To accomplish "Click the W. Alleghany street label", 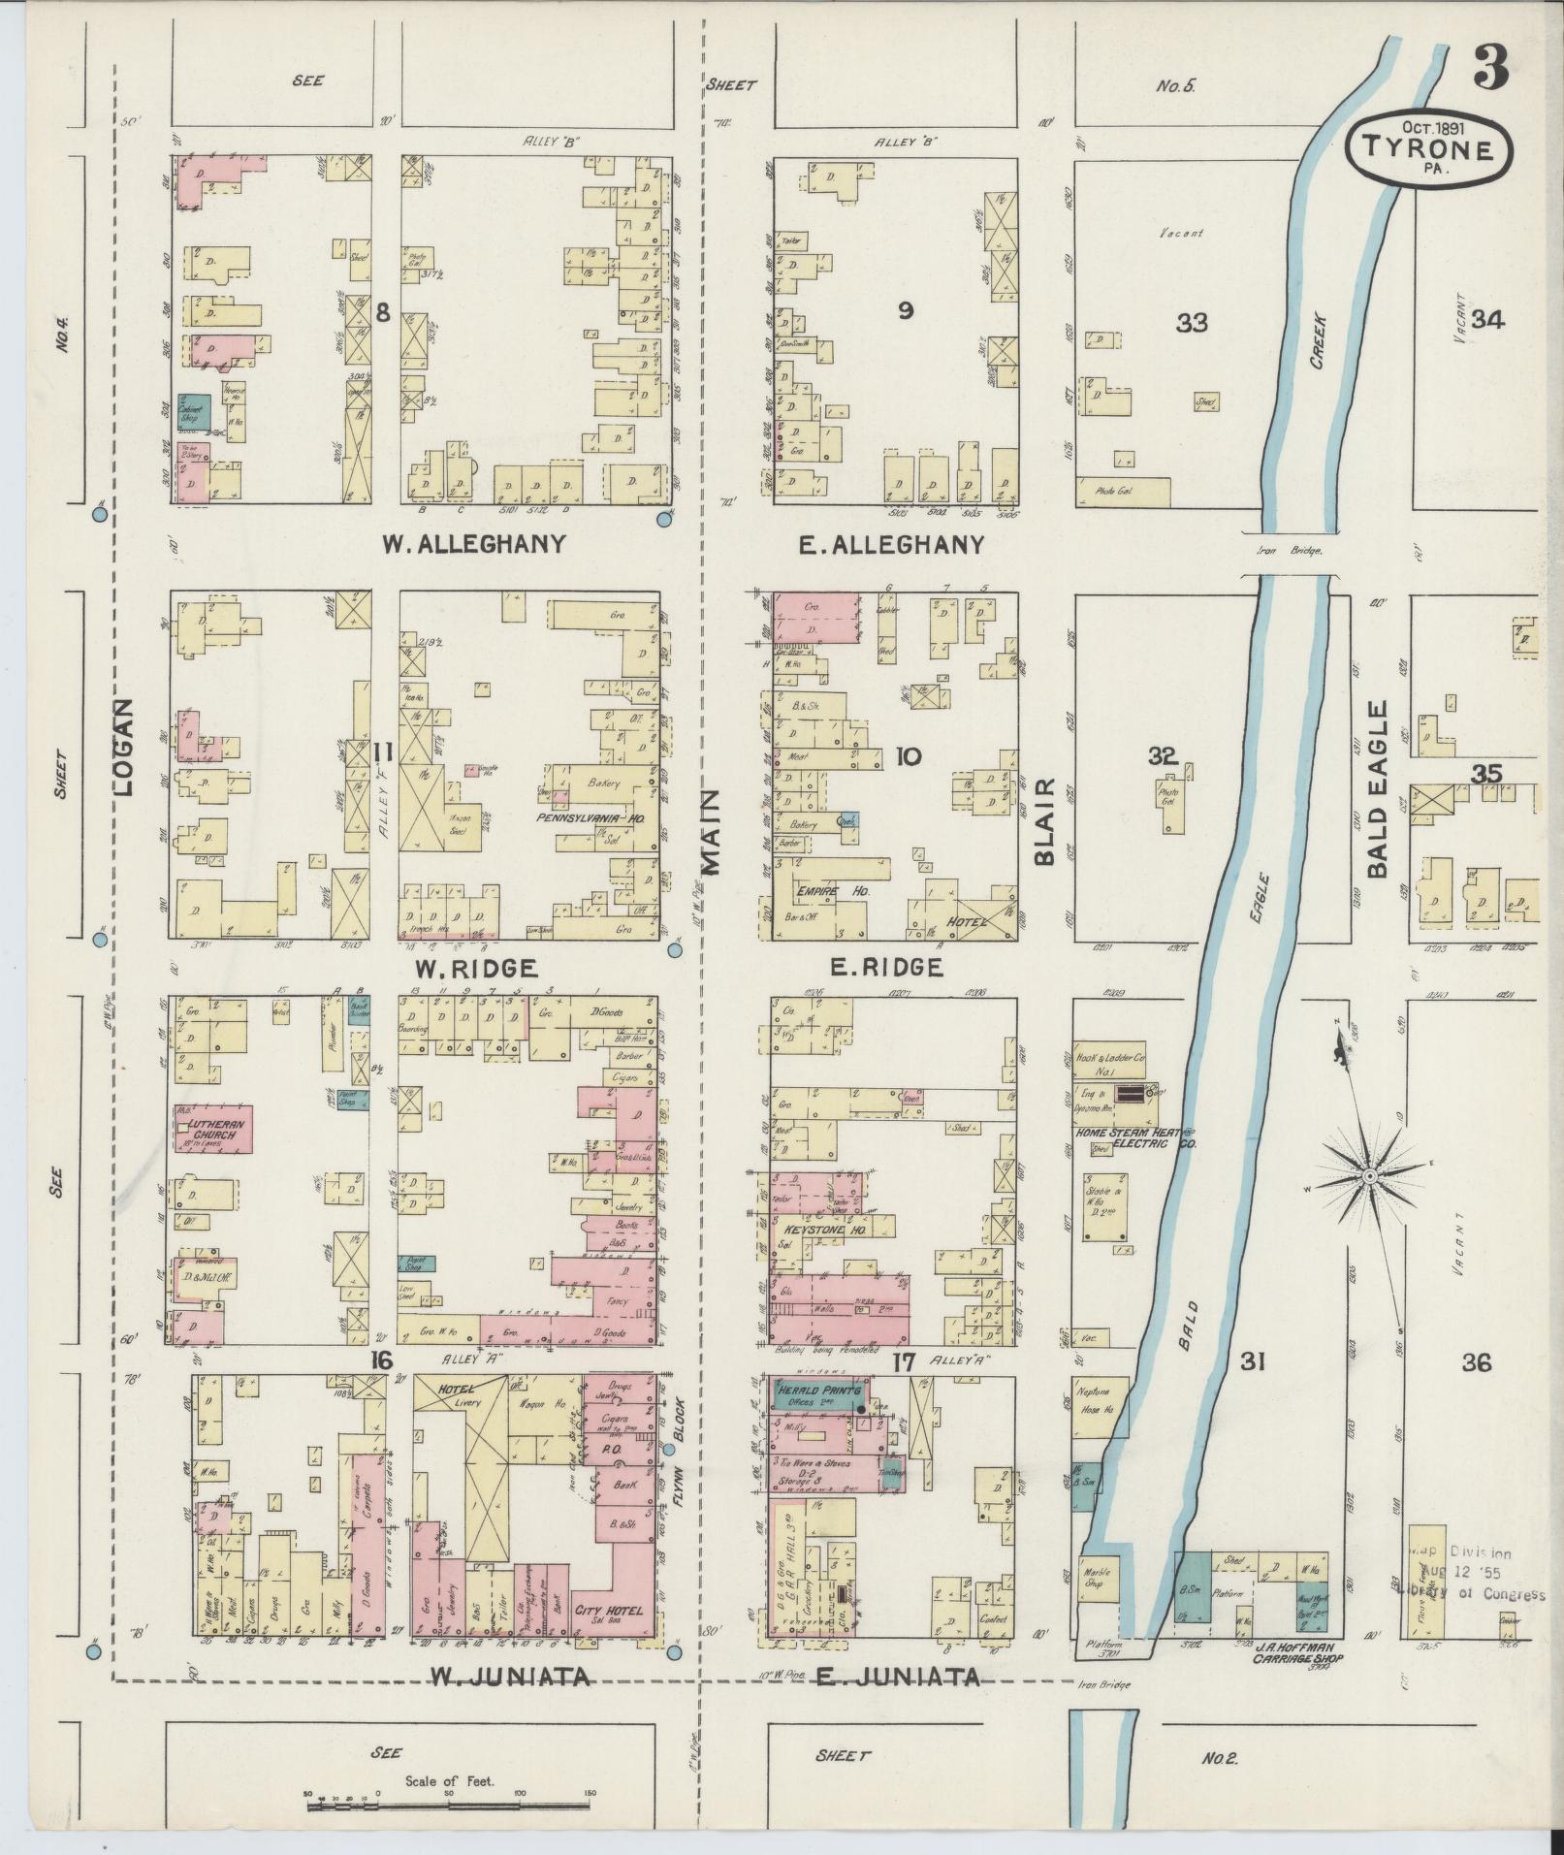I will [472, 544].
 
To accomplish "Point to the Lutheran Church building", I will [213, 1129].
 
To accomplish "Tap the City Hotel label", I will [610, 1611].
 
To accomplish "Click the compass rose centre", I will [1370, 1176].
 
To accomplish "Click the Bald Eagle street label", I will [1378, 789].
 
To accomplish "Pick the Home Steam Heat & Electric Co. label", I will [1134, 1137].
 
